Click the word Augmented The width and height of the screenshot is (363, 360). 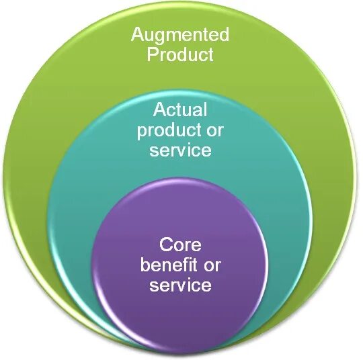(x=179, y=34)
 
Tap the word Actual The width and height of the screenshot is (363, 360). (x=180, y=109)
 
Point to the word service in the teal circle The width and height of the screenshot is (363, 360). (x=180, y=149)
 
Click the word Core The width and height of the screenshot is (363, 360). (x=180, y=245)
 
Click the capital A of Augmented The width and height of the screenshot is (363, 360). (x=136, y=34)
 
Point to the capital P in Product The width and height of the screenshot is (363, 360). (x=153, y=54)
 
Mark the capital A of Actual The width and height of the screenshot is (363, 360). (x=159, y=109)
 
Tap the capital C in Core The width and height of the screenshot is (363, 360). (x=165, y=245)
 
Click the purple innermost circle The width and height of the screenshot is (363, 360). (x=180, y=309)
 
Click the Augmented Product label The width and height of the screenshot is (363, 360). (x=179, y=44)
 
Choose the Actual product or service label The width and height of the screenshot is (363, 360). (x=180, y=129)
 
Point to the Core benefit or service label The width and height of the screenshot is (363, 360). (x=180, y=265)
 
